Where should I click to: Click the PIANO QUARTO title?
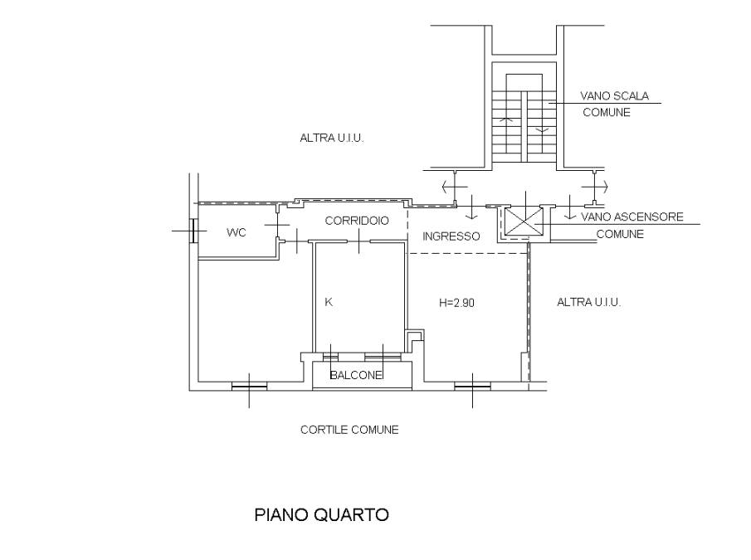click(321, 515)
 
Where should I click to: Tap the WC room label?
click(237, 232)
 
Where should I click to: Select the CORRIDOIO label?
click(357, 221)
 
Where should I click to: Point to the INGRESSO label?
click(451, 236)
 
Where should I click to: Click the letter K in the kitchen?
click(329, 302)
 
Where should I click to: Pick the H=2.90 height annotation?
click(456, 303)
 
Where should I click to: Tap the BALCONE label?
click(356, 375)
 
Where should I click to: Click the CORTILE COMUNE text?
click(349, 430)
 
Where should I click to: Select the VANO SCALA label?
click(615, 96)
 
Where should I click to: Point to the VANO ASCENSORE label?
click(632, 217)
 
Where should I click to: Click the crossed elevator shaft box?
click(525, 222)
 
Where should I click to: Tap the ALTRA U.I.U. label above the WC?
click(332, 139)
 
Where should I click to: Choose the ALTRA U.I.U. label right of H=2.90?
click(589, 303)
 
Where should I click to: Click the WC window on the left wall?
click(193, 231)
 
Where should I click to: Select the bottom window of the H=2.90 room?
click(472, 386)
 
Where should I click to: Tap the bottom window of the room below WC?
click(249, 386)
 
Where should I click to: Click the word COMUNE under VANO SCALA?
click(607, 113)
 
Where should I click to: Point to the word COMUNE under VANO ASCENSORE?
click(620, 235)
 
